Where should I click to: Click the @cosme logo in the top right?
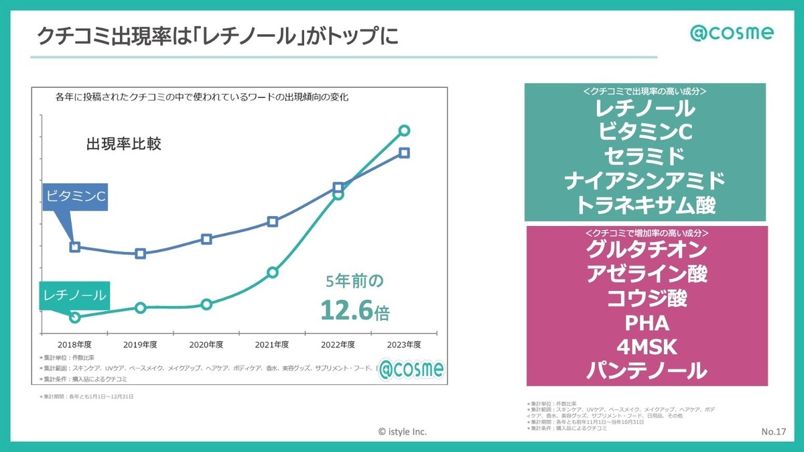(732, 33)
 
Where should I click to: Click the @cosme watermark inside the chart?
(411, 369)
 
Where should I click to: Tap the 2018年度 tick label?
(74, 345)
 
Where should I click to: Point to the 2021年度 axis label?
(272, 345)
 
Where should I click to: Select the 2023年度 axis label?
(404, 345)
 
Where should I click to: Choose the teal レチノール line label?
(73, 295)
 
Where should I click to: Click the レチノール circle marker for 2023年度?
(404, 131)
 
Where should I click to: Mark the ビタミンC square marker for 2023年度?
(404, 153)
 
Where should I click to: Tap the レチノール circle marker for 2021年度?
(272, 272)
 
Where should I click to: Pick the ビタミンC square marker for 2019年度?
(141, 253)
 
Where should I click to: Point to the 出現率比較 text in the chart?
(124, 144)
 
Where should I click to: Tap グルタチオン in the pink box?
(645, 249)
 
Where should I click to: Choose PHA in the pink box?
(645, 323)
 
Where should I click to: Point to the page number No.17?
(773, 431)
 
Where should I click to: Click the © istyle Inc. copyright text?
(402, 432)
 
